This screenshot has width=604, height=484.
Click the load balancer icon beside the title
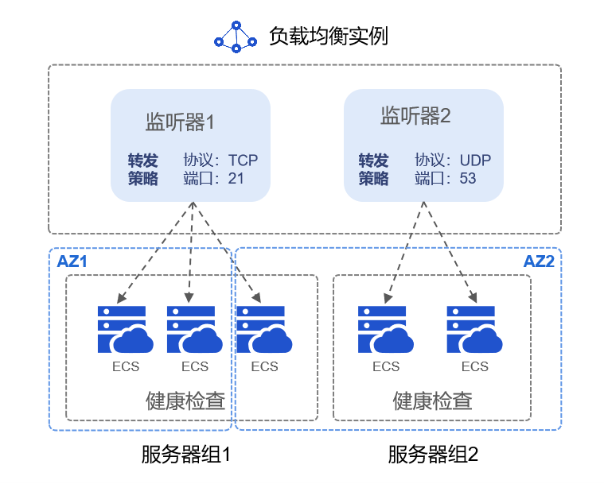click(236, 37)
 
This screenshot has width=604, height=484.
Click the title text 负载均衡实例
click(328, 37)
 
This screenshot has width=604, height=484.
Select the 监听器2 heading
click(415, 117)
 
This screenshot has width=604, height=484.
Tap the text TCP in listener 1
click(243, 160)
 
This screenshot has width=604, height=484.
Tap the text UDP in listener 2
click(475, 160)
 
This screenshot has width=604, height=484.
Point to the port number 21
click(236, 178)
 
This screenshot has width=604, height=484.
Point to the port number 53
click(468, 178)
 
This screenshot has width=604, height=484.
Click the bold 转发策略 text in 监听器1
click(143, 168)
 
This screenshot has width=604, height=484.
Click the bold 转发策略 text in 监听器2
click(373, 168)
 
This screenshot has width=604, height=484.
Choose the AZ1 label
click(72, 261)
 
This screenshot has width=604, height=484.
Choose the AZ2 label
click(538, 261)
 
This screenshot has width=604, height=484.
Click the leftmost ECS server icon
click(124, 329)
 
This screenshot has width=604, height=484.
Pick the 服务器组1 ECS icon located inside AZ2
click(265, 329)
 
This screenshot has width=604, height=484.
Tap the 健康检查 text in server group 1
click(185, 401)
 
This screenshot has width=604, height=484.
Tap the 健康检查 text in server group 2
click(432, 401)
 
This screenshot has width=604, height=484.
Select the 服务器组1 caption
click(185, 455)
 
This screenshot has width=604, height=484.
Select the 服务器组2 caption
click(433, 455)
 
